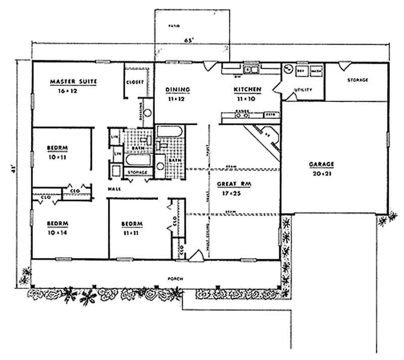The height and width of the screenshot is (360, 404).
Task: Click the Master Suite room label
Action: pyautogui.click(x=73, y=81)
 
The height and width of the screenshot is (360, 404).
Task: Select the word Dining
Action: pyautogui.click(x=178, y=90)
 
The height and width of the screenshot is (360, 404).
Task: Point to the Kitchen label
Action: pyautogui.click(x=247, y=90)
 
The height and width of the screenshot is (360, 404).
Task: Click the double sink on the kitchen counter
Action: pyautogui.click(x=251, y=70)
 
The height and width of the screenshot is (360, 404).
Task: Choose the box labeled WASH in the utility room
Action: pyautogui.click(x=317, y=71)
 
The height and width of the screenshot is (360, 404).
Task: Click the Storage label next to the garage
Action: pyautogui.click(x=358, y=80)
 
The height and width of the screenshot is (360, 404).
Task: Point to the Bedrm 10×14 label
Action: pyautogui.click(x=58, y=227)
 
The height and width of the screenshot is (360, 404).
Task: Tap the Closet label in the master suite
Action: pyautogui.click(x=136, y=82)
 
